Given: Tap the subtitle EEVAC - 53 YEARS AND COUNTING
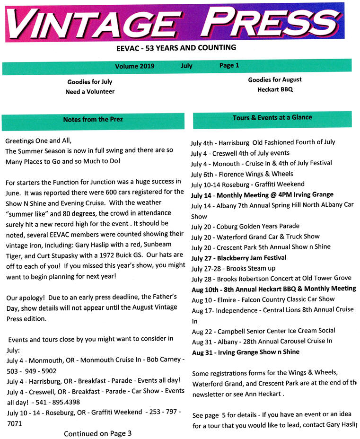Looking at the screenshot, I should pos(176,48).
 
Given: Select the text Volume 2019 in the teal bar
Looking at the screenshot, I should pos(134,66).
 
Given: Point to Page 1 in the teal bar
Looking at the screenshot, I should pos(229,65).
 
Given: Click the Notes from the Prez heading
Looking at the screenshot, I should pos(93,120).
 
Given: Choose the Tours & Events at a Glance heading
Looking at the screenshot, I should pos(272,117).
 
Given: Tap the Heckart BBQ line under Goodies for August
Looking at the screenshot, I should pos(275,89).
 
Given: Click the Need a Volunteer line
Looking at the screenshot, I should pos(90,91).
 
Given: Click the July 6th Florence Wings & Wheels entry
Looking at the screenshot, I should pos(242,174).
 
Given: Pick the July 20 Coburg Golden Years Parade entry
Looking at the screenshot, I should pos(245,226).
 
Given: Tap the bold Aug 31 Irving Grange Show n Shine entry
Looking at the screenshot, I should pos(246,352).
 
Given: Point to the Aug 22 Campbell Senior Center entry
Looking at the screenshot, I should pos(263,331).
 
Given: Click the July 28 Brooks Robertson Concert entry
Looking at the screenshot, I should pos(271,278).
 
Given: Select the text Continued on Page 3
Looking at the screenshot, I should pos(97,433).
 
